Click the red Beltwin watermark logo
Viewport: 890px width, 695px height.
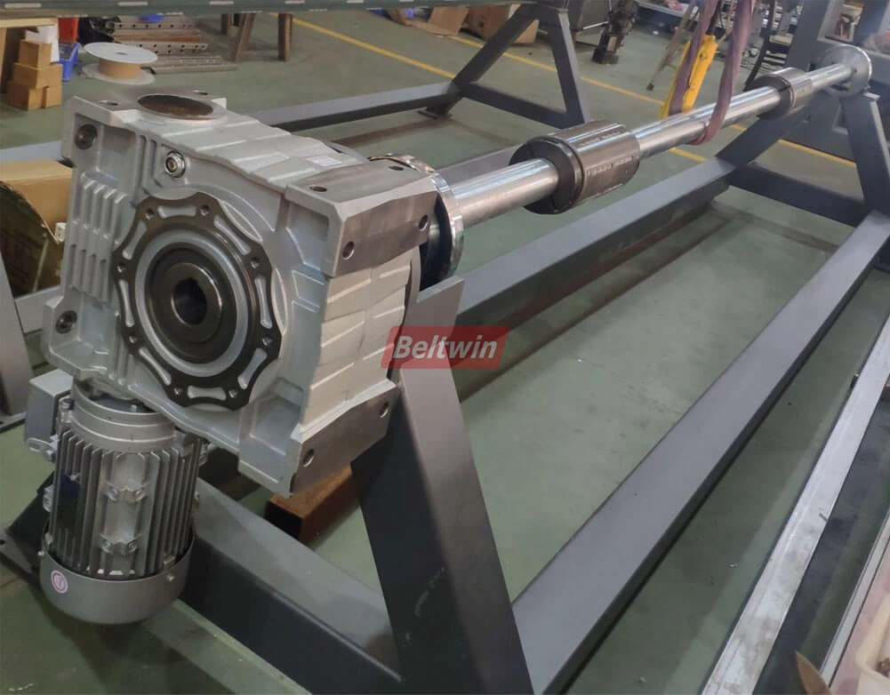445,347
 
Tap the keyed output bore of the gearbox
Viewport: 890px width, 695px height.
189,302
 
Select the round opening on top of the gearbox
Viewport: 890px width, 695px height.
175,106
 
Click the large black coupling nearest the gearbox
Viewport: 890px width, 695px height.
575,167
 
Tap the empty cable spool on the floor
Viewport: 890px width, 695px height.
120,62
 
